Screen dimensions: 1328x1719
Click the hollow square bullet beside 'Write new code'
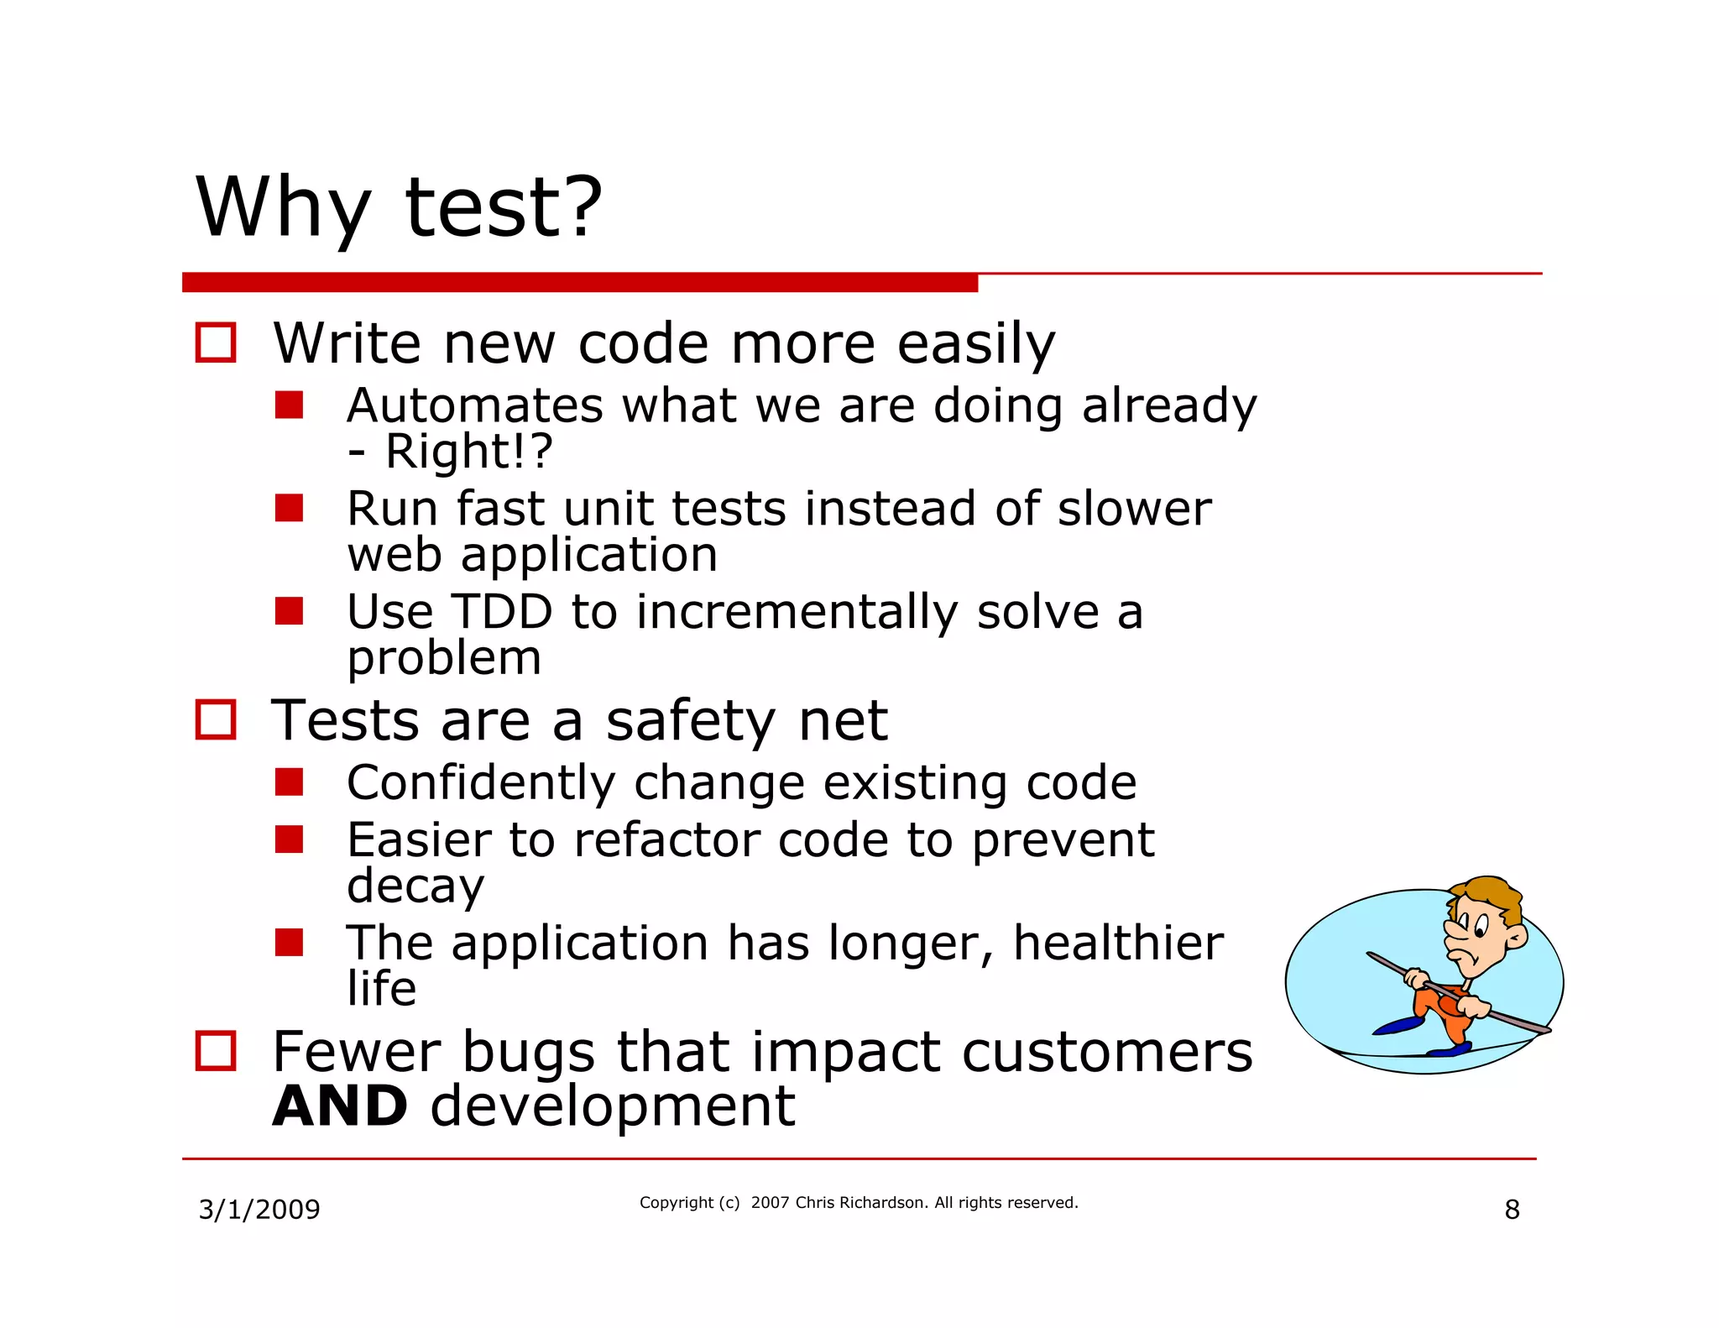pyautogui.click(x=215, y=342)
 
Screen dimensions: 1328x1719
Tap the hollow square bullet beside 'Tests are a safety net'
pyautogui.click(x=215, y=719)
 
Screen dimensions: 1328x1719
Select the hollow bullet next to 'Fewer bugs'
pyautogui.click(x=215, y=1050)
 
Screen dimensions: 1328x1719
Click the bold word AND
pyautogui.click(x=340, y=1106)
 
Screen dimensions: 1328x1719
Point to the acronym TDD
pyautogui.click(x=502, y=611)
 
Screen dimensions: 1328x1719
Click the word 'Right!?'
pyautogui.click(x=468, y=451)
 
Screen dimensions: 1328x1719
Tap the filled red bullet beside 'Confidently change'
pyautogui.click(x=289, y=782)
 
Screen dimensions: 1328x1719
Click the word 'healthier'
pyautogui.click(x=1117, y=943)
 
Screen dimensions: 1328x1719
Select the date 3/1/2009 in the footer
pyautogui.click(x=259, y=1210)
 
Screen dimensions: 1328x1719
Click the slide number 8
pyautogui.click(x=1512, y=1210)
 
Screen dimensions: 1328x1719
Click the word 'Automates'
pyautogui.click(x=474, y=405)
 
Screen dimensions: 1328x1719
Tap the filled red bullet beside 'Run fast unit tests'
pyautogui.click(x=289, y=508)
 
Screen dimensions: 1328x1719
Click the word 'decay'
pyautogui.click(x=415, y=886)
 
